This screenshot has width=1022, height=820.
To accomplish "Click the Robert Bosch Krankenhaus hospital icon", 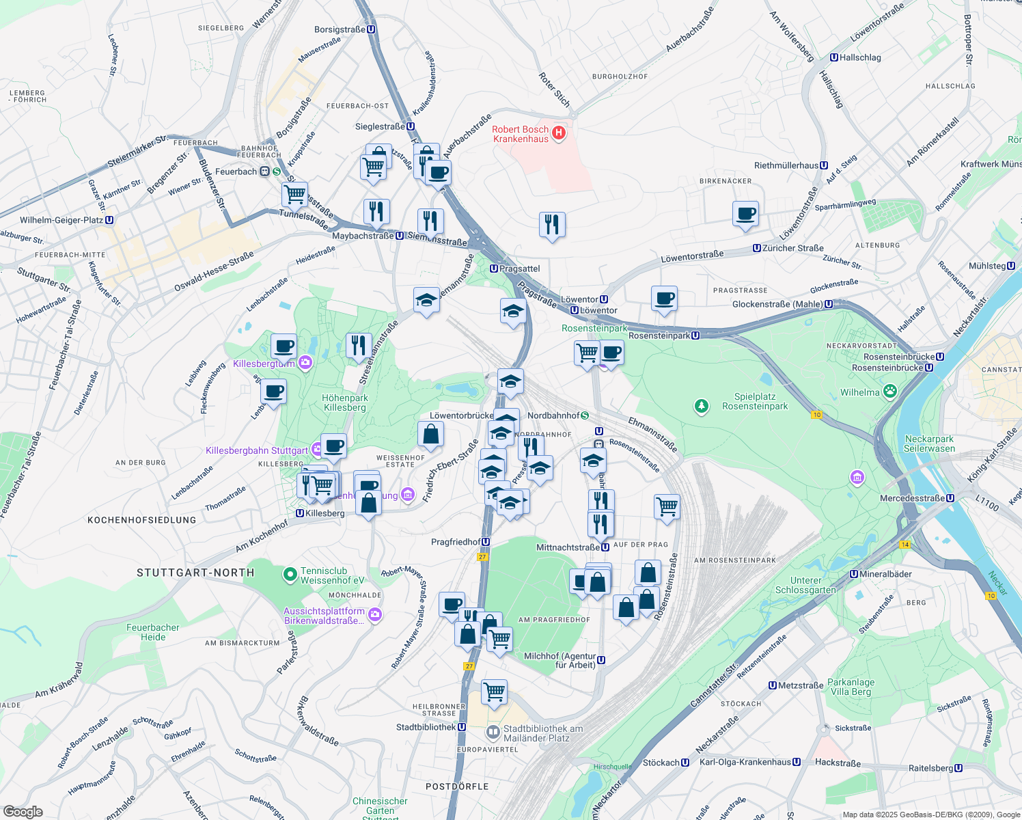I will coord(559,133).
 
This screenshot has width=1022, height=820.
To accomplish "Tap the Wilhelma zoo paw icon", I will coord(889,392).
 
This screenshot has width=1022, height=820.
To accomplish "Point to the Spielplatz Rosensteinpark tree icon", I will coord(701,407).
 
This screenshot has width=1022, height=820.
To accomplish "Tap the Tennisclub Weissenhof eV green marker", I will coord(290,575).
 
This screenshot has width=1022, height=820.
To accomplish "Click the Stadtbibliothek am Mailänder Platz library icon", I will coord(493,733).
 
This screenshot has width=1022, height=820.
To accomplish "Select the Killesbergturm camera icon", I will coord(305,363).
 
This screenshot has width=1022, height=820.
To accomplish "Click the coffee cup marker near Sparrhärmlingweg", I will coord(745,213).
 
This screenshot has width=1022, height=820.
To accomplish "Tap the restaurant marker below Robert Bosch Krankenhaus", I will coord(552,224).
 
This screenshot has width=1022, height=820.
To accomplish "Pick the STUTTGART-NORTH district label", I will coord(195,573).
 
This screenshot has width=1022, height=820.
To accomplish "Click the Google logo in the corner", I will coord(23,811).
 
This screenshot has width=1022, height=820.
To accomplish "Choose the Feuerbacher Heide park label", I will coord(153,632).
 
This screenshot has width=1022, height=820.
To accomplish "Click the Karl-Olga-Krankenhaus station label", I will coord(749,762).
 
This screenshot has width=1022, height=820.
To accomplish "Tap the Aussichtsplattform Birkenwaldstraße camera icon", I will coord(374,616).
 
